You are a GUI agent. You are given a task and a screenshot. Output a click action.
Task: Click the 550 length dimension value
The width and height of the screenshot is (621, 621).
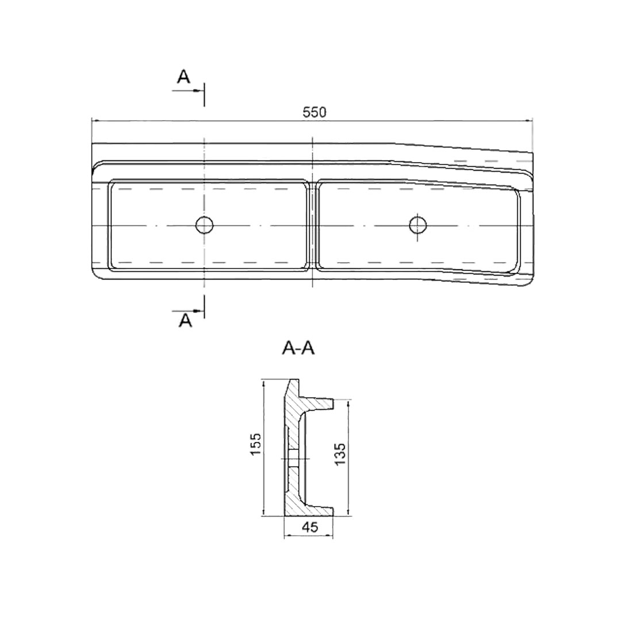pos(315,113)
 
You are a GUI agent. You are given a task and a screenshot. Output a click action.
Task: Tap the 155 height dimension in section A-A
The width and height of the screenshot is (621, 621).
pos(255,444)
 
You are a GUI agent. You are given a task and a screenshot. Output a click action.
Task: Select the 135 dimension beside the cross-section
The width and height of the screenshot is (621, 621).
pos(340,454)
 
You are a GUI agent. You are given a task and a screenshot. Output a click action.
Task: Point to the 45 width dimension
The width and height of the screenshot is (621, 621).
pos(310,527)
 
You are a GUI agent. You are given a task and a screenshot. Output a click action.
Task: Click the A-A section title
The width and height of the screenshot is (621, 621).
pos(298,348)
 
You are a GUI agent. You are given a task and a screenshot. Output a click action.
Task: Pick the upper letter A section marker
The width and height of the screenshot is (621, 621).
pos(183,77)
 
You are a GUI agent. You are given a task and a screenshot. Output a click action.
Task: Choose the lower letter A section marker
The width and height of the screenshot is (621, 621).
pos(185,320)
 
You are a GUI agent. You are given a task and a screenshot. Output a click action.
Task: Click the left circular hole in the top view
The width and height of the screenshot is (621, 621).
pos(204,225)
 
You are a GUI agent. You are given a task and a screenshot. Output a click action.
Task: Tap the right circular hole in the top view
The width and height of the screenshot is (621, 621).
pos(418,225)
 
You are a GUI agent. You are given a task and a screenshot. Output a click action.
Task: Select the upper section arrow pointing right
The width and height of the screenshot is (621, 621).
pos(188,91)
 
